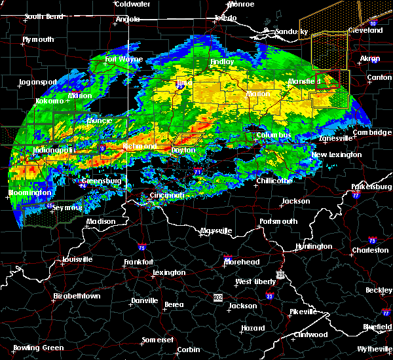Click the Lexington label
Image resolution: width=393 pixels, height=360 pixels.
pyautogui.click(x=169, y=272)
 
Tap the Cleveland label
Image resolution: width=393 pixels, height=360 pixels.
pyautogui.click(x=365, y=31)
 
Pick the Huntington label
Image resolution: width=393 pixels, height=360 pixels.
pyautogui.click(x=314, y=246)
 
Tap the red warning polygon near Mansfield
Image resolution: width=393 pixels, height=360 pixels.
pyautogui.click(x=327, y=80)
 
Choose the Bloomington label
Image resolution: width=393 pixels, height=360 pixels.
pyautogui.click(x=30, y=193)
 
